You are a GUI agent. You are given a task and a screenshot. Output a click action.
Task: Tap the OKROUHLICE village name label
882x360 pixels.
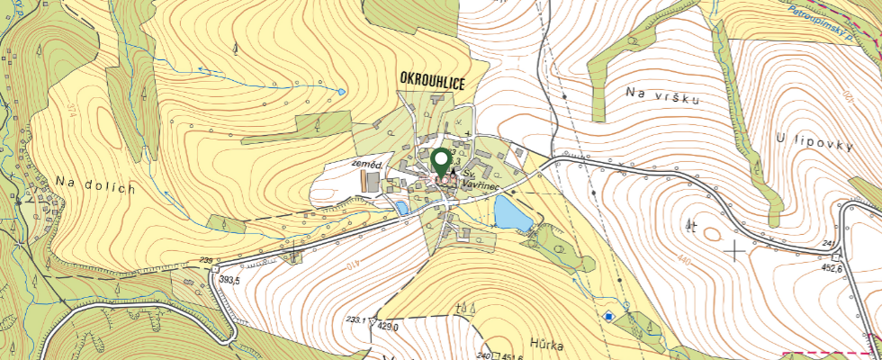[433, 82]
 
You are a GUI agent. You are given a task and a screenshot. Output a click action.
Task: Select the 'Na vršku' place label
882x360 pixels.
[662, 95]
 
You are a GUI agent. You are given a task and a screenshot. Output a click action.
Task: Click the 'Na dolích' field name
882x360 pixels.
[94, 185]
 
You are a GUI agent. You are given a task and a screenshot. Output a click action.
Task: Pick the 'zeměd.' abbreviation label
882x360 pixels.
[368, 166]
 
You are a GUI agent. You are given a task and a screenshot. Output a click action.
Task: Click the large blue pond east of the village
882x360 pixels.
[510, 213]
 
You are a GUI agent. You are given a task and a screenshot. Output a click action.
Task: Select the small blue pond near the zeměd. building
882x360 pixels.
[401, 207]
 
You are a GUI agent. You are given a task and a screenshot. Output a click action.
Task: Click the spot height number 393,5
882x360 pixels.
[229, 281]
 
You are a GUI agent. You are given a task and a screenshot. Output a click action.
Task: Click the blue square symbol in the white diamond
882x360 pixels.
[610, 316]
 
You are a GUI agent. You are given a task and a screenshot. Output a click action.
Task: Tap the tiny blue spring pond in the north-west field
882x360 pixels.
[340, 91]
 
